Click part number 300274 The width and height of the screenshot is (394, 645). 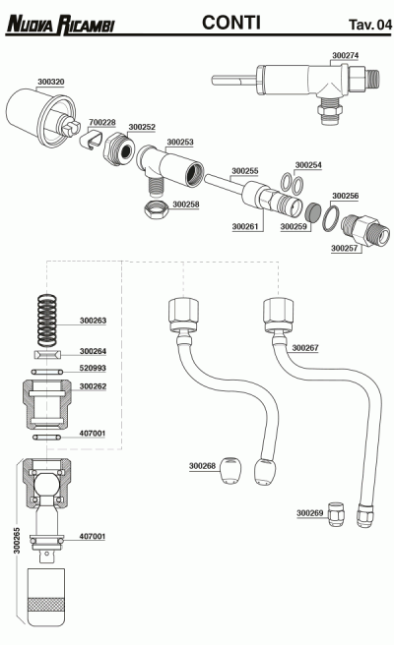pos(345,58)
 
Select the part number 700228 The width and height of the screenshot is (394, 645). pos(102,123)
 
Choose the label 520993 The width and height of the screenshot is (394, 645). pos(93,368)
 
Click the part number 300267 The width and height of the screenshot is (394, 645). pos(304,348)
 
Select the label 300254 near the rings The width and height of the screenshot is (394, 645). pos(308,165)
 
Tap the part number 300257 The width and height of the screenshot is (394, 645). pos(345,249)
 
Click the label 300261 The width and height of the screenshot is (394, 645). pos(245,226)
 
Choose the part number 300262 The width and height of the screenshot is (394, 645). pos(93,386)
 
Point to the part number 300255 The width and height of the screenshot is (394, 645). pos(245,170)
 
